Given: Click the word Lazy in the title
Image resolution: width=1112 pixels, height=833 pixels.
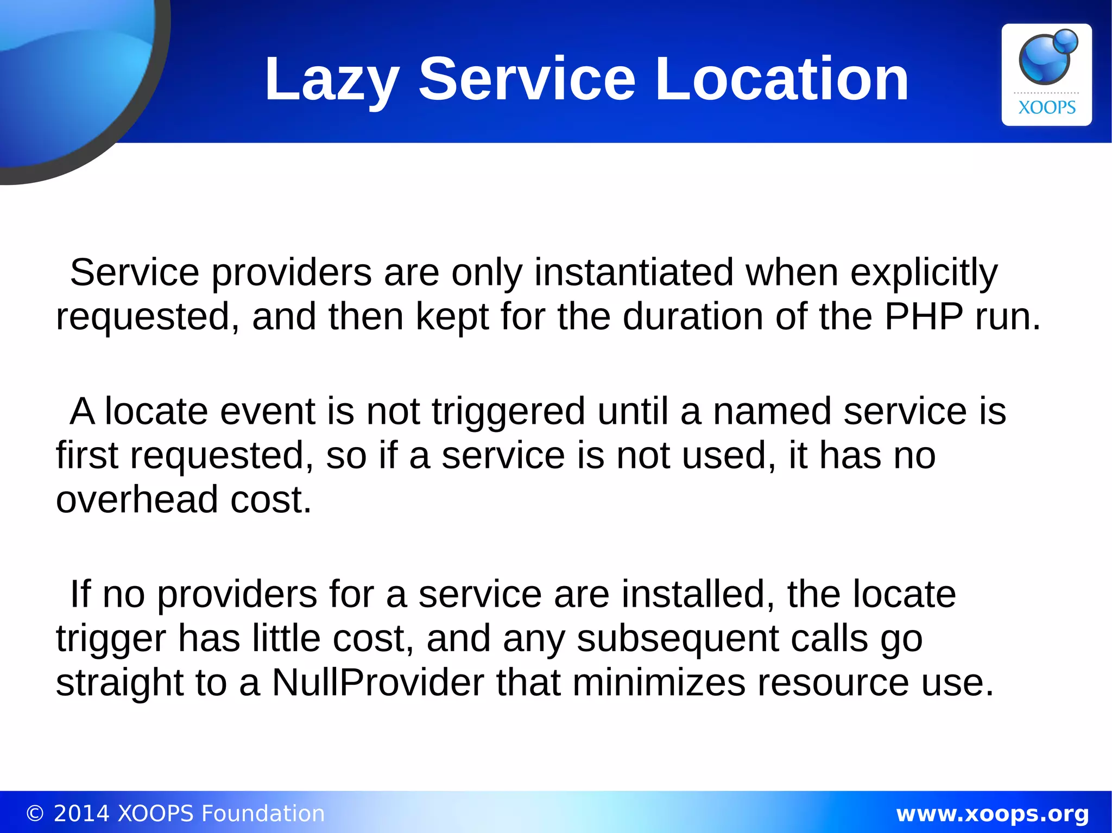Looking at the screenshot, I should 332,80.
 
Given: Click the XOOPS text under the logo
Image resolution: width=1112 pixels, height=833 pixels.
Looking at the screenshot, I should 1046,107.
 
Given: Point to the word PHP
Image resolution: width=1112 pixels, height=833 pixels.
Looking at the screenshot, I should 924,316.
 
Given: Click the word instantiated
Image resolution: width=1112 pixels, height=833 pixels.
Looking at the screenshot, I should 634,273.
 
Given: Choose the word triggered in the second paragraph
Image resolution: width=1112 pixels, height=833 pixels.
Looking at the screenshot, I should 508,411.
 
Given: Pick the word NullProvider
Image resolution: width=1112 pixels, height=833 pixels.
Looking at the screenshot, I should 378,683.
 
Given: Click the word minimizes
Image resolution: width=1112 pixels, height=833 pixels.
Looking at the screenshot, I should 659,683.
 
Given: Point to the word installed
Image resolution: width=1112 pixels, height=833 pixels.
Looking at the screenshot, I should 698,595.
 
